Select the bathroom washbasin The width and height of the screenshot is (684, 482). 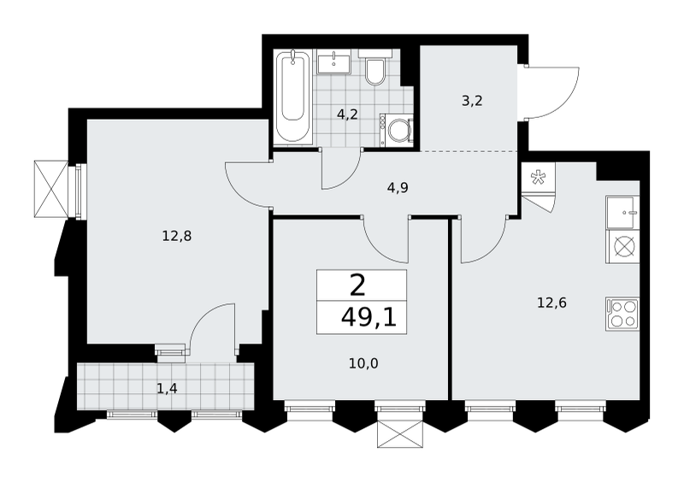[334, 62]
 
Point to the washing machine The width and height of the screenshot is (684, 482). [397, 130]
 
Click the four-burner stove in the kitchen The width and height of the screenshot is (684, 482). [622, 314]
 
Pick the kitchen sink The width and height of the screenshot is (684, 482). [622, 213]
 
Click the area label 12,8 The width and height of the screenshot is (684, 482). [177, 237]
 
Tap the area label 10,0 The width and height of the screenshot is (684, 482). [363, 363]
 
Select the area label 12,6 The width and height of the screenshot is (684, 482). [551, 303]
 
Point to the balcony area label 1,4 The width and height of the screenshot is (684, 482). [167, 388]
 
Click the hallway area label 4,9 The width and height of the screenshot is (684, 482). [398, 188]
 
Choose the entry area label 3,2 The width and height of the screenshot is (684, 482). [472, 101]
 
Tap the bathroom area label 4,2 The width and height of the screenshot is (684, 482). [347, 115]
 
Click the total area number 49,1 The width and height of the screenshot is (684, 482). [369, 318]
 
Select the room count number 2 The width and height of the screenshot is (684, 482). [357, 286]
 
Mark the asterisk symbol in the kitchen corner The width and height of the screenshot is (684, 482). [538, 177]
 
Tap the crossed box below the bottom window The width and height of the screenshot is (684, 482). [400, 434]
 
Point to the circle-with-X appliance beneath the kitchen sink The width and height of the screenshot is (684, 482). [622, 246]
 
